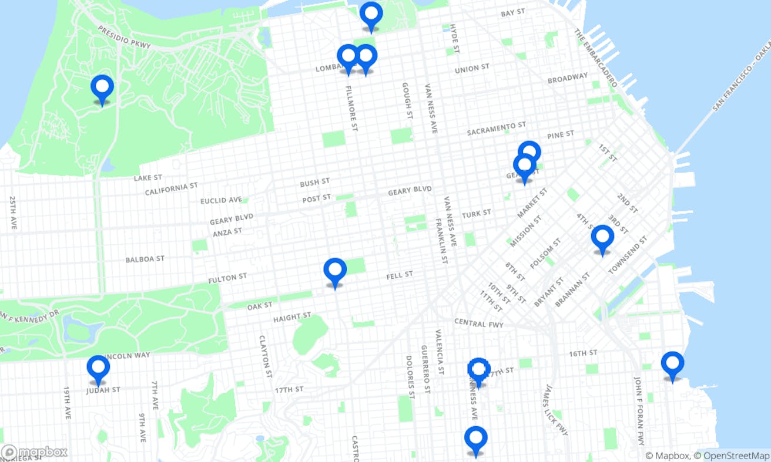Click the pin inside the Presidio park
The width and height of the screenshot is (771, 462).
click(102, 87)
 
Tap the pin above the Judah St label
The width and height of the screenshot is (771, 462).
click(98, 368)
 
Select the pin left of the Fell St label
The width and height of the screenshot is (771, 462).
click(335, 271)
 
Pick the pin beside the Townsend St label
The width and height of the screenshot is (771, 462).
click(602, 238)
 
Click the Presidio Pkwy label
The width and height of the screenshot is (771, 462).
click(124, 37)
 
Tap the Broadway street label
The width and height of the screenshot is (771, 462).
click(567, 78)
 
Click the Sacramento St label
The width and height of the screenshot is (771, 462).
click(496, 129)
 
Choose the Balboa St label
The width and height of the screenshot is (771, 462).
click(145, 259)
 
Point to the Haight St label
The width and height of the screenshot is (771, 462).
click(292, 318)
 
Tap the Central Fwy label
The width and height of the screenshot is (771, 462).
click(478, 323)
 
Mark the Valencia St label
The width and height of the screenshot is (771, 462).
click(439, 352)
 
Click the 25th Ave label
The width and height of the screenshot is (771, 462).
click(13, 213)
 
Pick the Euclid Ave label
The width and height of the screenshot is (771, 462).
click(221, 200)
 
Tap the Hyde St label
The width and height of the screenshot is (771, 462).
click(453, 36)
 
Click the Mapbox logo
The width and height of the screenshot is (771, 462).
click(34, 453)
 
